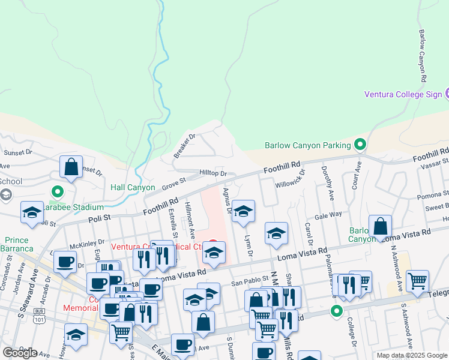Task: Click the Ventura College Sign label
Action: [x=403, y=94]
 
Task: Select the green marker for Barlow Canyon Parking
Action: [x=360, y=144]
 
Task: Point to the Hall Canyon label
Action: [x=133, y=188]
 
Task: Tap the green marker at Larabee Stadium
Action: [x=58, y=192]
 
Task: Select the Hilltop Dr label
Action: [x=213, y=173]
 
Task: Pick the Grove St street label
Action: [x=174, y=183]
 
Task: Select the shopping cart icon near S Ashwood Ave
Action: [x=417, y=280]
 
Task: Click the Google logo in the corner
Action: [x=20, y=353]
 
